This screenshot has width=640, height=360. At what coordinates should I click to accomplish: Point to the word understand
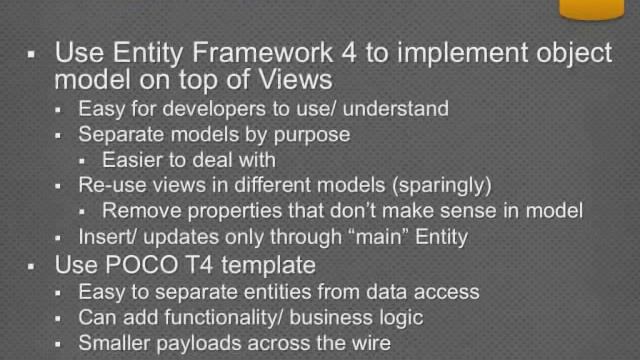click(x=393, y=108)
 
